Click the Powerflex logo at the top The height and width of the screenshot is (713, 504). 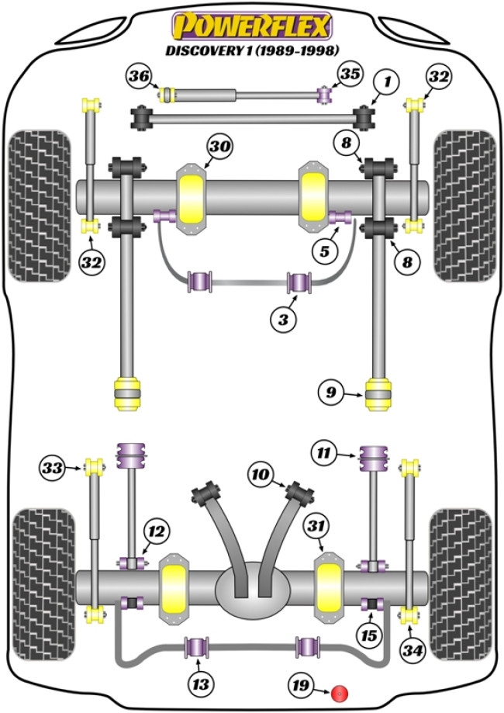click(251, 26)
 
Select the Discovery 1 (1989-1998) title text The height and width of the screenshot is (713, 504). click(251, 50)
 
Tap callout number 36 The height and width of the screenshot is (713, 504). click(140, 76)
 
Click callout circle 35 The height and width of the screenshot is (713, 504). click(350, 75)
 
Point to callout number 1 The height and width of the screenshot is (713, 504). click(386, 80)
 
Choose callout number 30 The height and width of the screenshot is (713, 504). click(219, 146)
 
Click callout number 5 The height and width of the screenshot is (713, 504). click(323, 250)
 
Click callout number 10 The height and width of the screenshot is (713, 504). click(261, 472)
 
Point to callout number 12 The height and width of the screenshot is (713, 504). click(156, 531)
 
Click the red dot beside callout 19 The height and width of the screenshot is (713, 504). click(337, 692)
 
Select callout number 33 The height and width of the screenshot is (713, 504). click(53, 467)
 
